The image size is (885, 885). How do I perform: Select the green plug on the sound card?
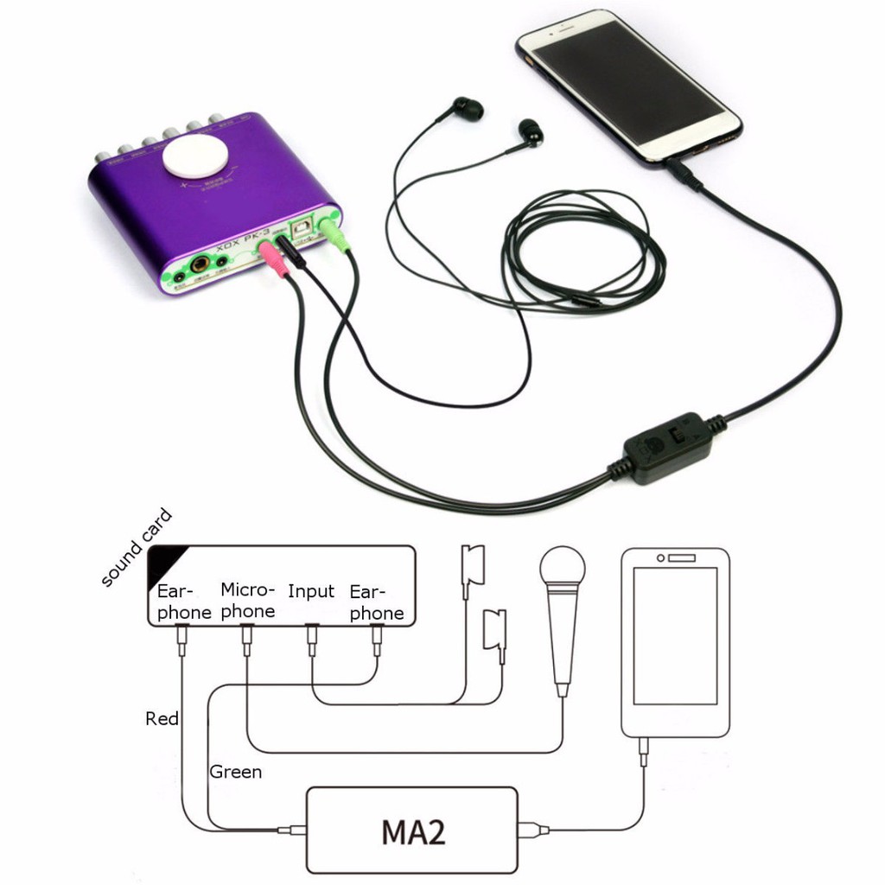334,234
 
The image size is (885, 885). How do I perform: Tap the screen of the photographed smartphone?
628,86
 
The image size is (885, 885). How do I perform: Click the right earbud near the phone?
532,132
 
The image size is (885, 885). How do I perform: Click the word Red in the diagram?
162,719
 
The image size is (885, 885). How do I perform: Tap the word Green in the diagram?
235,772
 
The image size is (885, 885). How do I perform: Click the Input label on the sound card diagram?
311,592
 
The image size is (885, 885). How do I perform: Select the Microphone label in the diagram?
247,601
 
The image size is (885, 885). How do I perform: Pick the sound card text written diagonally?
137,549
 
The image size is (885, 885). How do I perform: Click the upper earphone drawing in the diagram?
473,566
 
